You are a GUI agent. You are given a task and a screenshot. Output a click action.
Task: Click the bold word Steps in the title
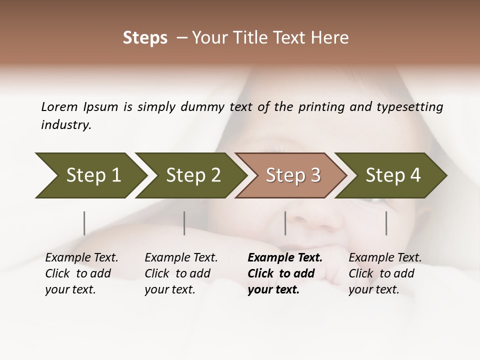coord(145,38)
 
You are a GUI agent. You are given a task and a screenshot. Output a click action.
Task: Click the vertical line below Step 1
coord(84,223)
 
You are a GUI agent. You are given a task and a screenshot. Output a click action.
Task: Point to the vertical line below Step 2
coord(184,223)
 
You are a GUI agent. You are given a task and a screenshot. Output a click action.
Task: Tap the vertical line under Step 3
coord(285,223)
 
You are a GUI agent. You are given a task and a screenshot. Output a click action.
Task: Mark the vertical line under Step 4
coord(386,223)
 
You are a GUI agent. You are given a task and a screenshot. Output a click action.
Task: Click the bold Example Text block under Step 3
coord(284,273)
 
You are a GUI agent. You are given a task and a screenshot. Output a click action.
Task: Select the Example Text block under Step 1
coord(81,273)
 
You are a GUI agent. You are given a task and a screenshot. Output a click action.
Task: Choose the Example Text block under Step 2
coord(181,273)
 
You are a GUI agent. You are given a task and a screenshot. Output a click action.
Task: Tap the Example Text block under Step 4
coord(385,273)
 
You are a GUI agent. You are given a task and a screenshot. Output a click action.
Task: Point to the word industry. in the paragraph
coord(66,125)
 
